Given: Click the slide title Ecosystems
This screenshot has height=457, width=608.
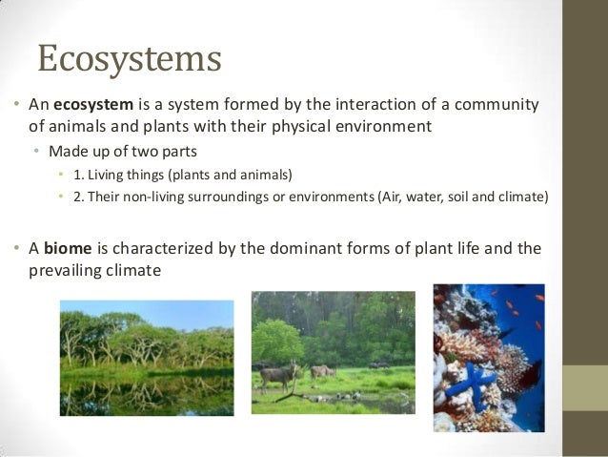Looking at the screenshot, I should [x=129, y=58].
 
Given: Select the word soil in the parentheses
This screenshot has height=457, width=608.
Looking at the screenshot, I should [x=465, y=197].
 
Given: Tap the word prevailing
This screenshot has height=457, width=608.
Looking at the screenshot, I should [x=55, y=271].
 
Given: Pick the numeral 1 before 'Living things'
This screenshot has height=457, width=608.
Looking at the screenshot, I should [x=76, y=175].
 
